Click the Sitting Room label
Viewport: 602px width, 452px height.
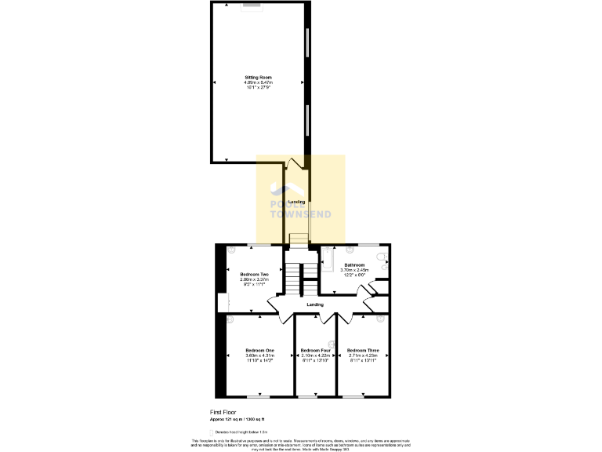tap(259, 78)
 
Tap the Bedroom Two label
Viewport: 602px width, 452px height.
tap(254, 274)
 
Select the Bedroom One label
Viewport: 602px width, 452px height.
tap(259, 350)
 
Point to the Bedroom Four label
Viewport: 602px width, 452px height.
tap(315, 350)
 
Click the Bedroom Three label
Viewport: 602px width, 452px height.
tap(363, 350)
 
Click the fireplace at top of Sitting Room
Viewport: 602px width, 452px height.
tap(252, 5)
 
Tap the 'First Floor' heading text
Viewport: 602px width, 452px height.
tap(223, 412)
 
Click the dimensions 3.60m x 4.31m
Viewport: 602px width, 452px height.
tap(259, 355)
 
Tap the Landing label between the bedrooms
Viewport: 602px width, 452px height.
tap(314, 304)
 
